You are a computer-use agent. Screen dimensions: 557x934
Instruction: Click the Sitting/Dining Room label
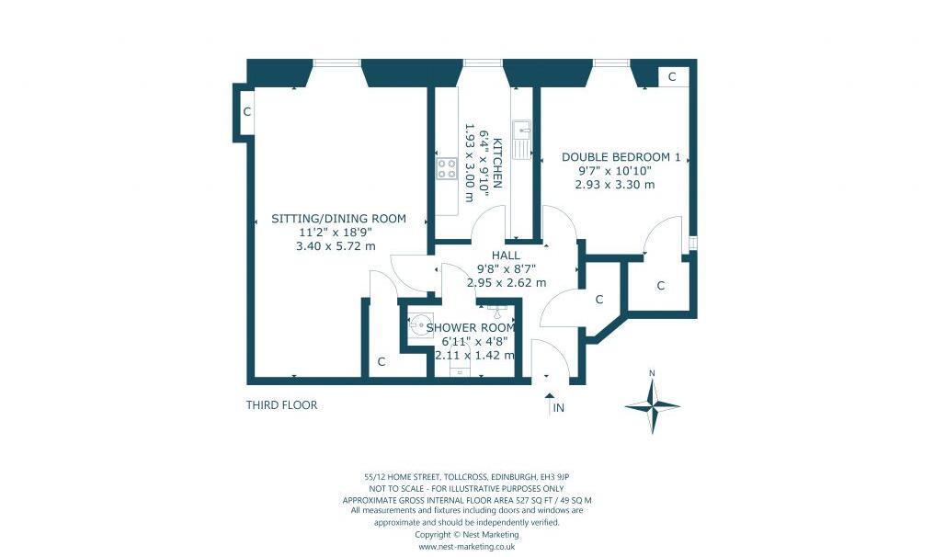tap(338, 219)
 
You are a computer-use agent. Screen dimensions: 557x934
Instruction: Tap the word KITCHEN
tap(497, 163)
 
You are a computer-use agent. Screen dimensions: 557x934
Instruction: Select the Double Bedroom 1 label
tap(621, 157)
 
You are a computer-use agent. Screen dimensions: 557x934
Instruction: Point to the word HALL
tap(506, 256)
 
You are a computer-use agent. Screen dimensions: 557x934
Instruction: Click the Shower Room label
tap(470, 327)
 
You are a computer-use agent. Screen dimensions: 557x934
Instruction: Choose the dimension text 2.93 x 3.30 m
tap(614, 185)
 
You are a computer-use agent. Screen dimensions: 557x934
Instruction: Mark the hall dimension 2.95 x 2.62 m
tap(507, 283)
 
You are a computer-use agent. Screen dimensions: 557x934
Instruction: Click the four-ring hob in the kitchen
tap(447, 168)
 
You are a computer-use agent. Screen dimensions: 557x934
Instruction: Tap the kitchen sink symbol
tap(521, 139)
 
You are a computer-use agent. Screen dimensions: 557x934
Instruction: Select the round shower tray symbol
tap(418, 324)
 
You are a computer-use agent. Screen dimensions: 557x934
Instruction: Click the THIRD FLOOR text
tap(281, 405)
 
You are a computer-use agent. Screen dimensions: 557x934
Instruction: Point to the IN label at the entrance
tap(558, 408)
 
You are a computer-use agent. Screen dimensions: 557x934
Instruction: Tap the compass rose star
tap(652, 405)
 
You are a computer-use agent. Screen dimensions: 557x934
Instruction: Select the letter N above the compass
tap(652, 373)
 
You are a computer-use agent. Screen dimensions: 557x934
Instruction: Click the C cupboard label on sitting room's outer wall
tap(246, 112)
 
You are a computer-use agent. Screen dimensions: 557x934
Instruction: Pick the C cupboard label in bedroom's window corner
tap(672, 77)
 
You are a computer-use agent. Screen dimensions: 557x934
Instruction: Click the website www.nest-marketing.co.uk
tap(466, 547)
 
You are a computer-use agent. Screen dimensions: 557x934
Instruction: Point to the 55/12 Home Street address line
tap(466, 476)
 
